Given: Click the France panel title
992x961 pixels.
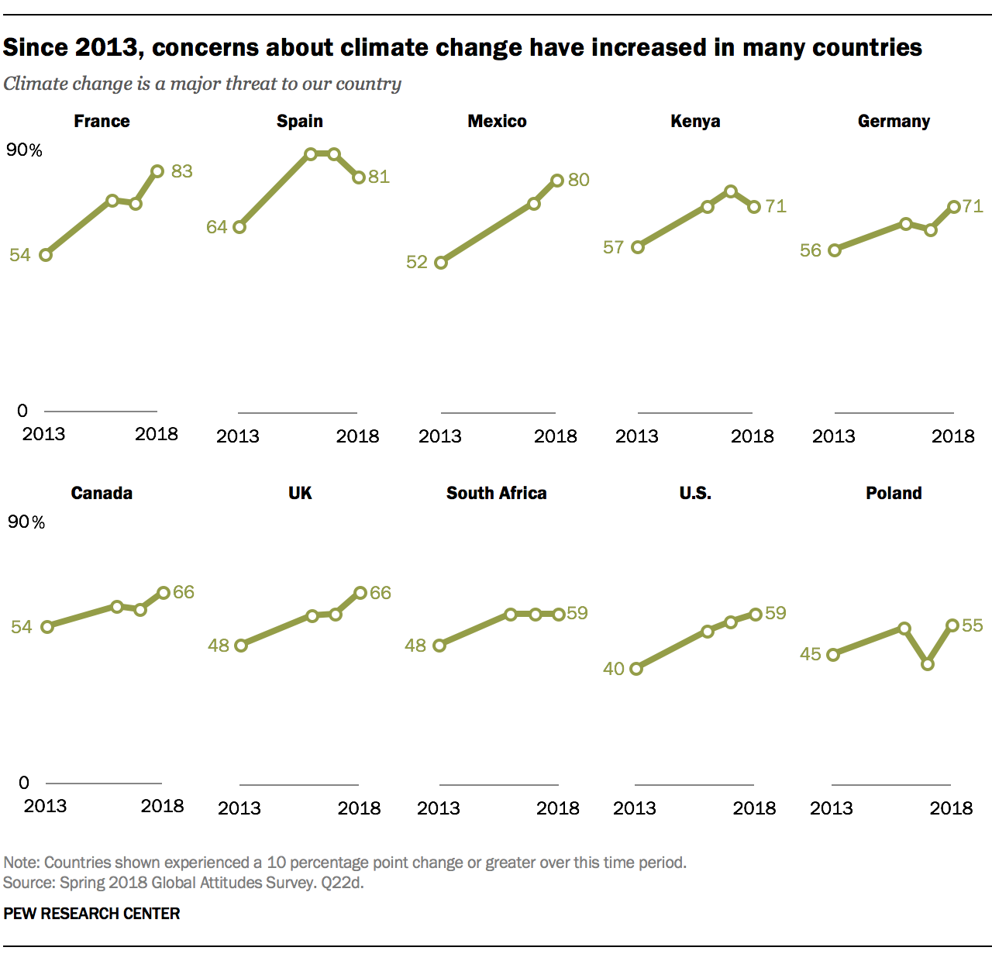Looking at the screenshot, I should (x=102, y=122).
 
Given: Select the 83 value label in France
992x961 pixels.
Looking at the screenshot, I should (x=182, y=171).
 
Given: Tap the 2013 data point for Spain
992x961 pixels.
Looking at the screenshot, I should (x=239, y=227).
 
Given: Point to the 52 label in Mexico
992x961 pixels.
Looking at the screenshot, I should (x=417, y=262).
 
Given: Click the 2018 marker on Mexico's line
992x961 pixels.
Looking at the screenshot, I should (x=557, y=181).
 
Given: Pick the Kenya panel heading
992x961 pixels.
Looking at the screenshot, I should (x=695, y=122).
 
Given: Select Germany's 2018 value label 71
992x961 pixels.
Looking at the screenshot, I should (x=973, y=206).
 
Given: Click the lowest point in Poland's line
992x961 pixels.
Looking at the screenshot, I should (x=928, y=664).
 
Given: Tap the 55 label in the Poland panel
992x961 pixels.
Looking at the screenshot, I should (x=972, y=625).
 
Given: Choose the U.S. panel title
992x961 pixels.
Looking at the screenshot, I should (x=695, y=494).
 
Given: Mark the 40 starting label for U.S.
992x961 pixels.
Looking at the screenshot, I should (x=614, y=669).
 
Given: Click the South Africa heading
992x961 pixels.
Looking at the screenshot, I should (x=497, y=494).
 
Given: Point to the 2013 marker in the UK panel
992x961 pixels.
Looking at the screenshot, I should (x=241, y=646).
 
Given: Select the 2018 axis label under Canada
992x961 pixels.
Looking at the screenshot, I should (x=162, y=806).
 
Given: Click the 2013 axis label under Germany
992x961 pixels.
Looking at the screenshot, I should (x=834, y=436).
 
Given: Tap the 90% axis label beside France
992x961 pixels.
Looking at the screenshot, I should (x=25, y=150).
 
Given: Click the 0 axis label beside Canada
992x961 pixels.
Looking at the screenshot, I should (x=24, y=783).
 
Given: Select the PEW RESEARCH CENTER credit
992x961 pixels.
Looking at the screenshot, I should (x=91, y=914).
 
